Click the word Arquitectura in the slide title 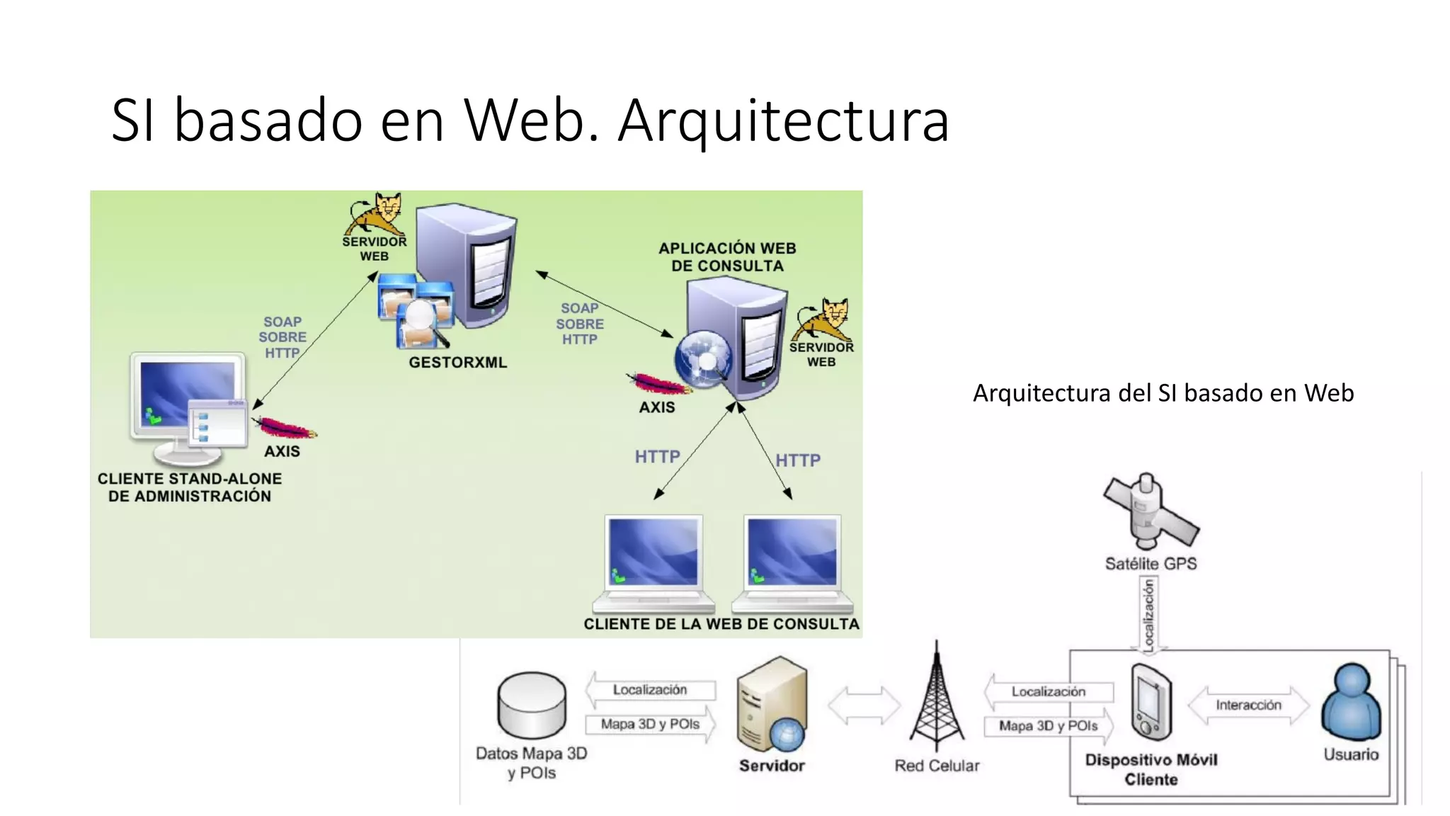point(783,120)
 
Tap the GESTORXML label point(457,363)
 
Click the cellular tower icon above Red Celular point(936,701)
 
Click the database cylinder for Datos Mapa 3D point(532,705)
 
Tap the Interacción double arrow point(1248,705)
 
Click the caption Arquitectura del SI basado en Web point(1163,393)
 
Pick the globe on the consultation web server point(702,359)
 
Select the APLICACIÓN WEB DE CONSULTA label point(727,257)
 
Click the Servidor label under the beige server point(772,766)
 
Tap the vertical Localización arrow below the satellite point(1149,613)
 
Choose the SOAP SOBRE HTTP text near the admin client point(282,337)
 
